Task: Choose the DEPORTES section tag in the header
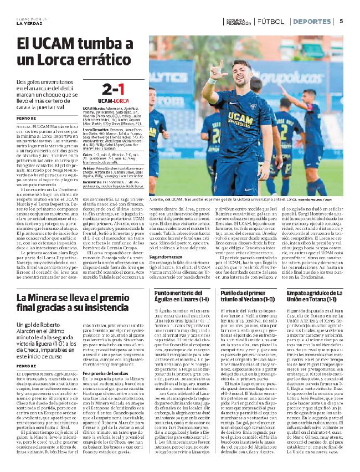tap(311, 21)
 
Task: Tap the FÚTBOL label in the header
tap(271, 21)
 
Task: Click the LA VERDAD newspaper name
tap(28, 23)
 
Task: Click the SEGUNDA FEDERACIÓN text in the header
tap(237, 21)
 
